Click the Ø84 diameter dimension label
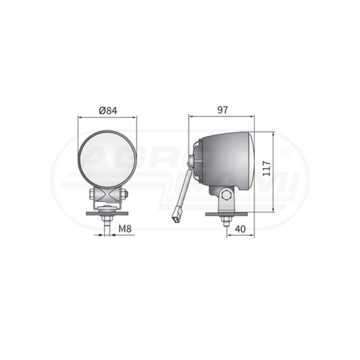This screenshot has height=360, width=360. [108, 111]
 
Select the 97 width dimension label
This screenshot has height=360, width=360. [223, 110]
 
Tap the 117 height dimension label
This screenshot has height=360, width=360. [266, 169]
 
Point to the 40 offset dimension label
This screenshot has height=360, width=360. [240, 229]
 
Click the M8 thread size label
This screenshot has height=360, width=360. [125, 229]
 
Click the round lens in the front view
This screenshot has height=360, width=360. [107, 159]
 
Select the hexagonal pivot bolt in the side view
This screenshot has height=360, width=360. [227, 195]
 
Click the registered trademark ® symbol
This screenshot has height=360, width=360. [286, 152]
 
